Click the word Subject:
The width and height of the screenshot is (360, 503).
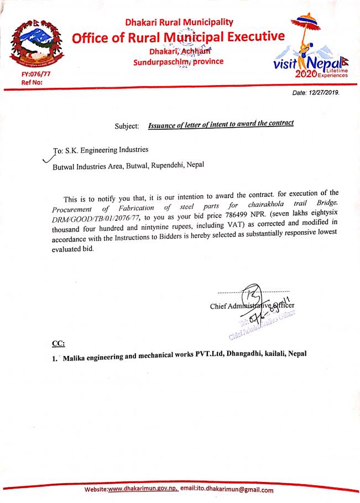[126, 126]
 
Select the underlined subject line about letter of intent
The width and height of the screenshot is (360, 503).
[221, 125]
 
